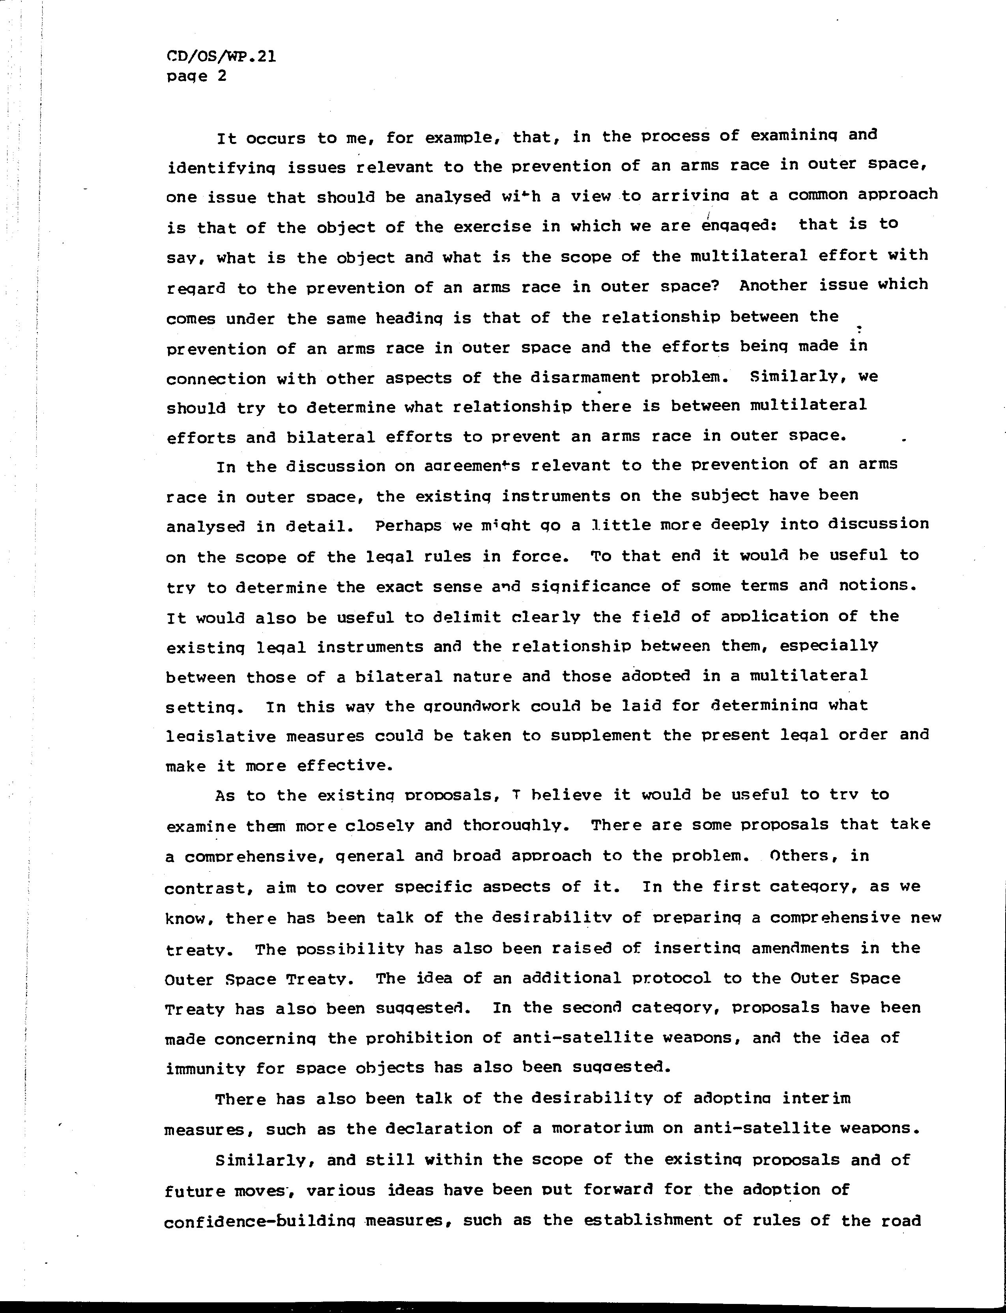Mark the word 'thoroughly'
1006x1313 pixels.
point(514,826)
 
